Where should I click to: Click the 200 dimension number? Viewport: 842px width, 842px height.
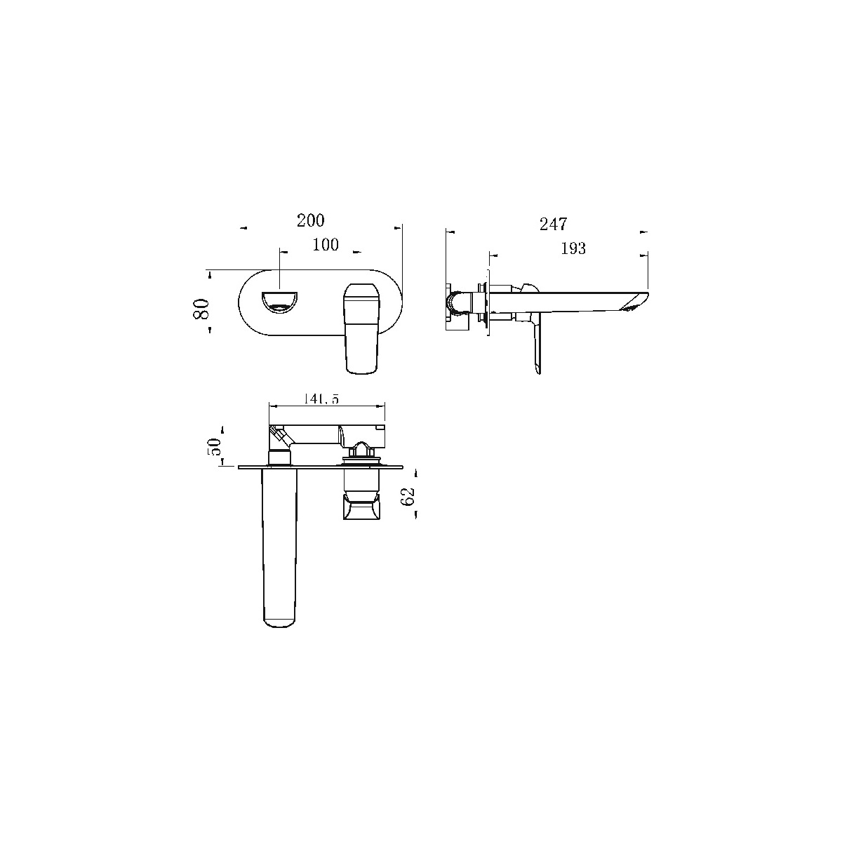pyautogui.click(x=311, y=220)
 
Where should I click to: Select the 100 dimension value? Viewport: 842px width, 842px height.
pyautogui.click(x=326, y=244)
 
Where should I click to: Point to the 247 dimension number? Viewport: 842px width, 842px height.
pyautogui.click(x=553, y=224)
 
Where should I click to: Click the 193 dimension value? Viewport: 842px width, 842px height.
pyautogui.click(x=573, y=248)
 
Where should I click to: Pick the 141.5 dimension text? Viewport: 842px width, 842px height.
pyautogui.click(x=321, y=398)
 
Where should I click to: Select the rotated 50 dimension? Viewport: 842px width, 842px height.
pyautogui.click(x=215, y=446)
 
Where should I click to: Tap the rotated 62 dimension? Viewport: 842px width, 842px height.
pyautogui.click(x=408, y=497)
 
